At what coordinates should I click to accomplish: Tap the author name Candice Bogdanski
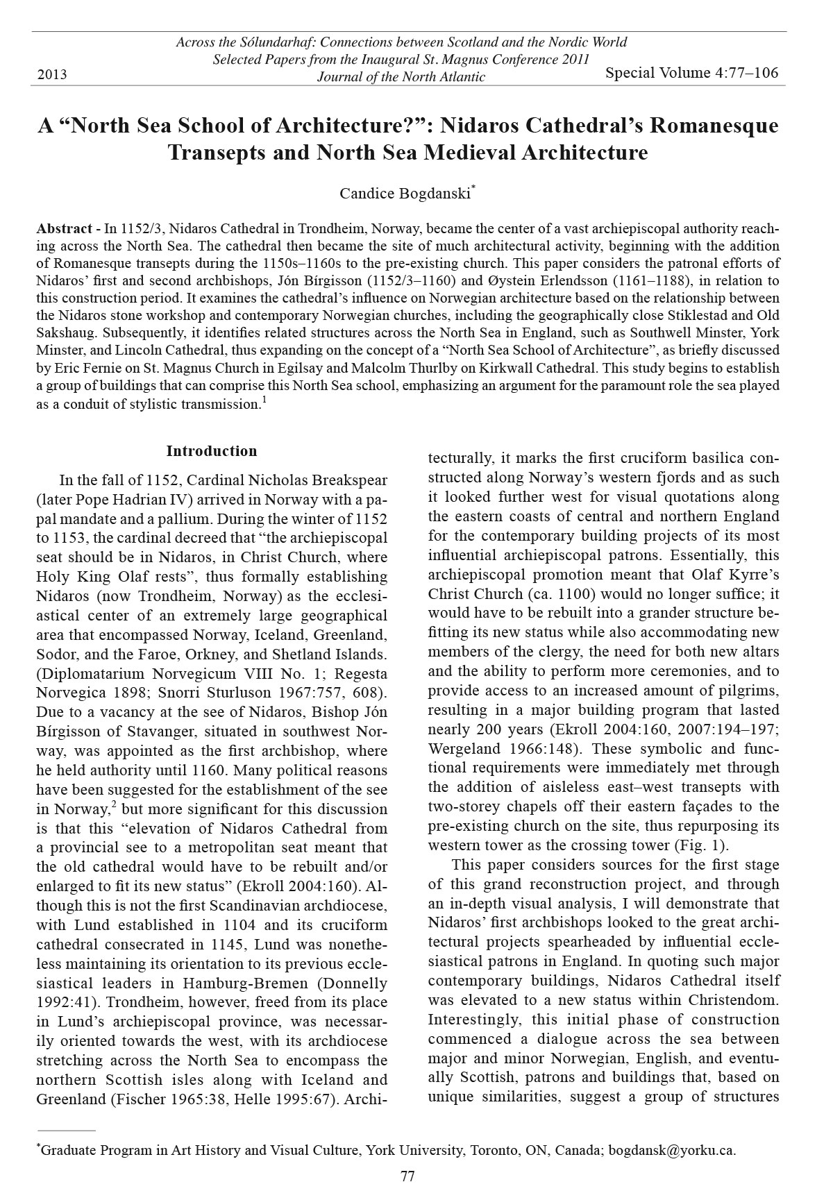[404, 194]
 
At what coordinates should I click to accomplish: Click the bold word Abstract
[64, 229]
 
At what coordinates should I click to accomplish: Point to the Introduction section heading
[212, 451]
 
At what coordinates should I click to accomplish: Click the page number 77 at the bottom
[407, 1176]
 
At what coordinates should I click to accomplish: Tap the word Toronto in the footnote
[495, 1150]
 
